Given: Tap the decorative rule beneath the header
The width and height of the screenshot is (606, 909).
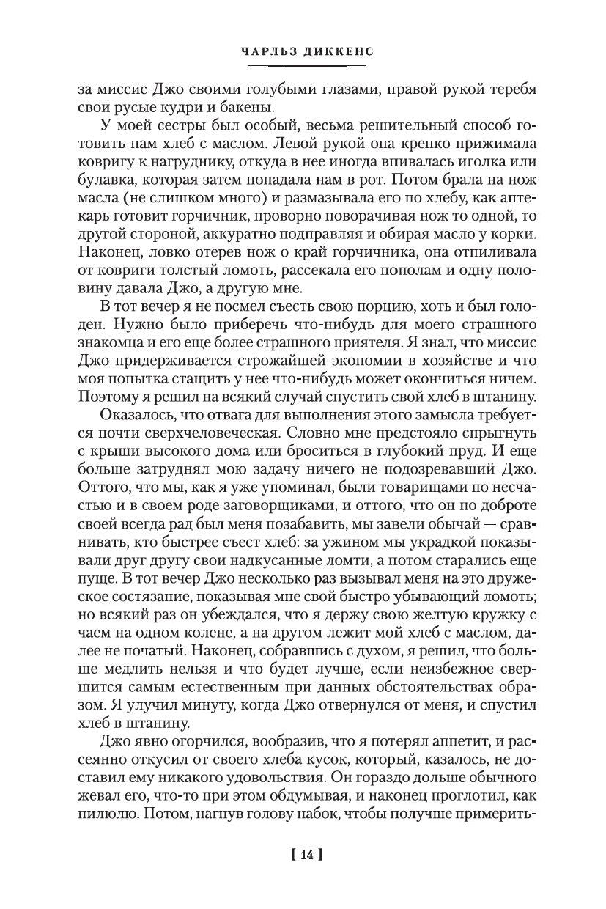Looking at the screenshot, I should coord(306,65).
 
